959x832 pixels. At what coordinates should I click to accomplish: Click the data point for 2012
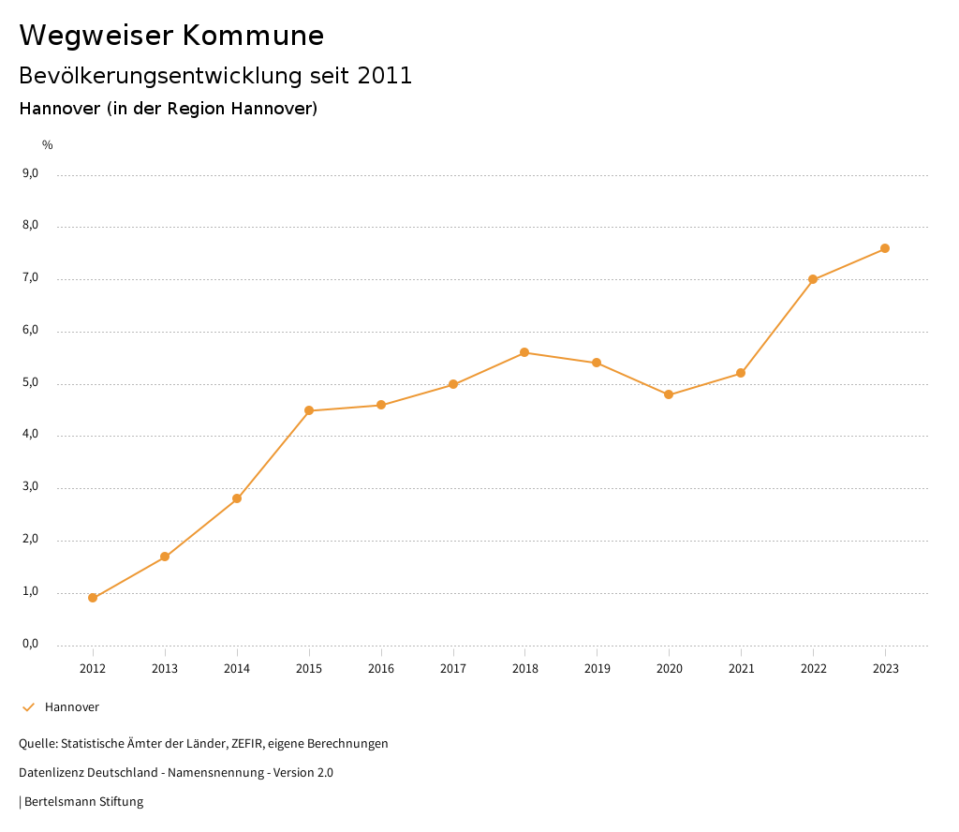coord(93,598)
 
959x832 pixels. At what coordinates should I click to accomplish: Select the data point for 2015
coord(309,410)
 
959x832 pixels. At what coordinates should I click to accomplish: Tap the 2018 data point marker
coord(524,352)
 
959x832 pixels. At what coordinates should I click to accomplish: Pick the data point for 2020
coord(669,394)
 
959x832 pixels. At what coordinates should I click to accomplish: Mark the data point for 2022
coord(813,279)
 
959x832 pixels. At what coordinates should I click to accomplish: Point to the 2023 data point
coord(885,248)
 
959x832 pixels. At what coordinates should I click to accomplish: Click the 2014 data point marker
coord(237,498)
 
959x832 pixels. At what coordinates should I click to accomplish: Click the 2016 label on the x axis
coord(381,668)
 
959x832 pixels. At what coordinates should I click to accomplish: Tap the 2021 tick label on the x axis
coord(741,668)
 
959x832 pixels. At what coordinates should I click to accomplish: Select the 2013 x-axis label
coord(165,668)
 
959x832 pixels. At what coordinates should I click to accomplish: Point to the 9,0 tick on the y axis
coord(30,173)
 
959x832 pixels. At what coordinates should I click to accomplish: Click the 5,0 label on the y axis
coord(30,382)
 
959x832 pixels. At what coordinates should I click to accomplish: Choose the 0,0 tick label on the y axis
coord(30,644)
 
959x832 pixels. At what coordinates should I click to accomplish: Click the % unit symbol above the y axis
coord(48,144)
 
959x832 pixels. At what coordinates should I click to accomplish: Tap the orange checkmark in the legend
coord(28,707)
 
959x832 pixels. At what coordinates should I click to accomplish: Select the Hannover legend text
coord(72,707)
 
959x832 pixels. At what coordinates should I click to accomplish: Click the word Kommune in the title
coord(253,36)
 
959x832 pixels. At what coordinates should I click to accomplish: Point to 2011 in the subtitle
coord(384,76)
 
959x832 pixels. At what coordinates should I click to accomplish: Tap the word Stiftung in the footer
coord(121,802)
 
